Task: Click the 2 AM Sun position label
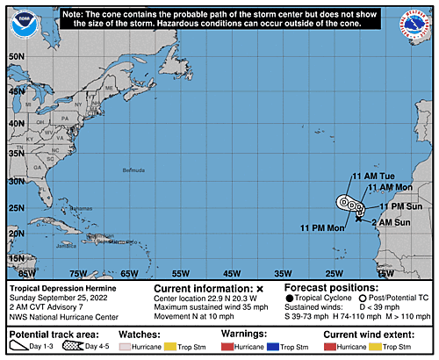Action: pos(391,223)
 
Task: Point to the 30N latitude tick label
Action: pos(15,181)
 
